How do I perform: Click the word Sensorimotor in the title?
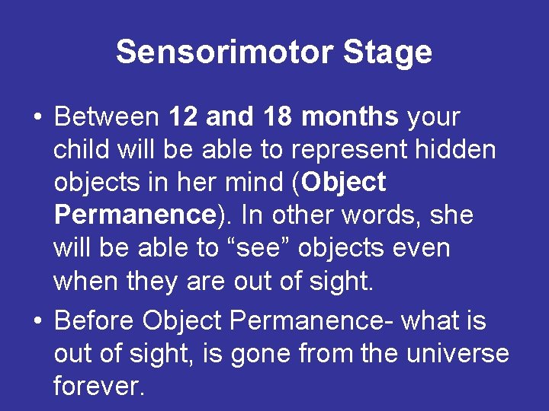click(x=224, y=53)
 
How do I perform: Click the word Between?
click(x=107, y=118)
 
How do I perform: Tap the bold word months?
click(x=350, y=118)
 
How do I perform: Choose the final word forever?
click(x=98, y=387)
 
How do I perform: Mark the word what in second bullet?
click(x=432, y=322)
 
